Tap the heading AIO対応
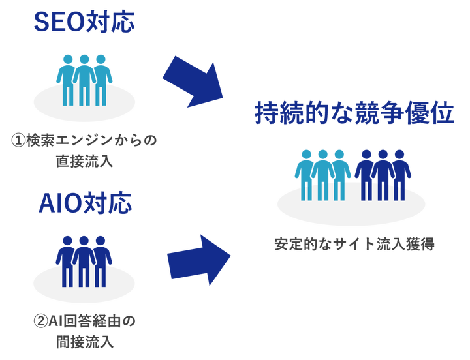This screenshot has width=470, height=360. (x=84, y=205)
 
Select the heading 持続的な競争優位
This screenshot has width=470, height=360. (x=353, y=115)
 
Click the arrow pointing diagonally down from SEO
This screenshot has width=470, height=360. (x=191, y=80)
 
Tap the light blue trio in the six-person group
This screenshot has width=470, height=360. (x=322, y=173)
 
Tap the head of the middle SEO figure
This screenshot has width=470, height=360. (x=84, y=58)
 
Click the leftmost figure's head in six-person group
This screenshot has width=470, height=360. (x=305, y=154)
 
